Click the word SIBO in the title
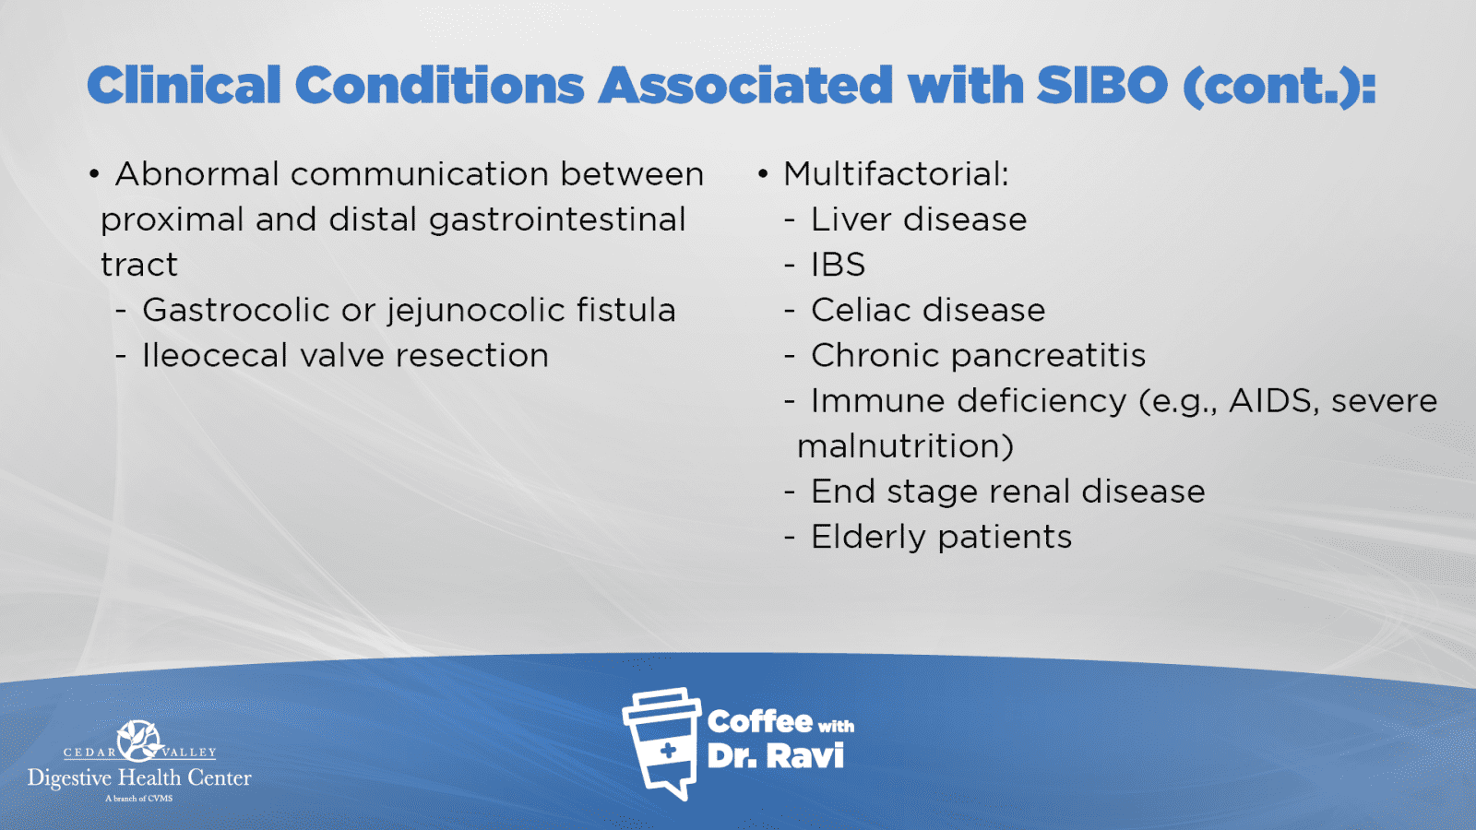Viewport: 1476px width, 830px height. coord(1101,85)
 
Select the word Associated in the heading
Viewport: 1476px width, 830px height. coord(745,85)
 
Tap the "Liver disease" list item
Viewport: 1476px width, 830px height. coord(919,219)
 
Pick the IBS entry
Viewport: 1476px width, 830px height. coord(838,265)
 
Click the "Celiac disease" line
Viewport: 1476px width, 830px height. coord(928,310)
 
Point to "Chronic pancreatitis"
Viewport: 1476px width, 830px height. coord(978,356)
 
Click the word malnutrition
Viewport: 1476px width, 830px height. coord(905,446)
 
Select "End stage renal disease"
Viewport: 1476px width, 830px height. coord(1007,492)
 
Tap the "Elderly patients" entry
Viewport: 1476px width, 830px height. coord(941,537)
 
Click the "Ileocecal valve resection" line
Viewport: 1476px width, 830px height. coord(345,356)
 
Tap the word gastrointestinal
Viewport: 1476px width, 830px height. coord(557,220)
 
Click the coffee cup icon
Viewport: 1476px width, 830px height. coord(661,743)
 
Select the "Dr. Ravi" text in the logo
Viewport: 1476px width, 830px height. coord(776,755)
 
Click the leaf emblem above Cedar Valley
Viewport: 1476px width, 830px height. coord(139,741)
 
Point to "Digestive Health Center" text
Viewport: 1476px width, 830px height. coord(139,778)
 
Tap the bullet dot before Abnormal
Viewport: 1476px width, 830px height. coord(94,174)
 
